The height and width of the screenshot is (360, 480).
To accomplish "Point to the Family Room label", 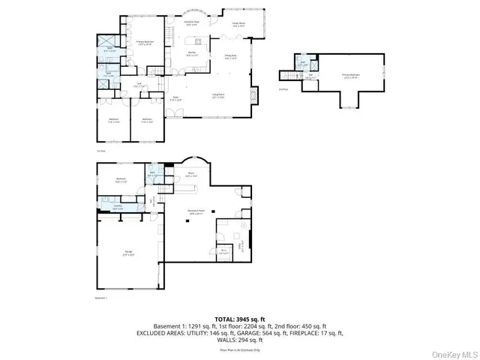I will (239, 24).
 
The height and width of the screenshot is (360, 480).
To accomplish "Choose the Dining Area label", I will (230, 56).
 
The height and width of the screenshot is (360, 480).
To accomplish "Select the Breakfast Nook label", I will (193, 23).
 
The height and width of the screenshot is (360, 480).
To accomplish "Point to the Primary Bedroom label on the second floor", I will (349, 76).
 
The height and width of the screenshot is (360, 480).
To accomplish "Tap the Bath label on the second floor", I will (304, 64).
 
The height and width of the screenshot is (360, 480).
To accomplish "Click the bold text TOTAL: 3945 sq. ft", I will (239, 319).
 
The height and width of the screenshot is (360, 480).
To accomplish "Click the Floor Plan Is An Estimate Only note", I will (239, 349).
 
